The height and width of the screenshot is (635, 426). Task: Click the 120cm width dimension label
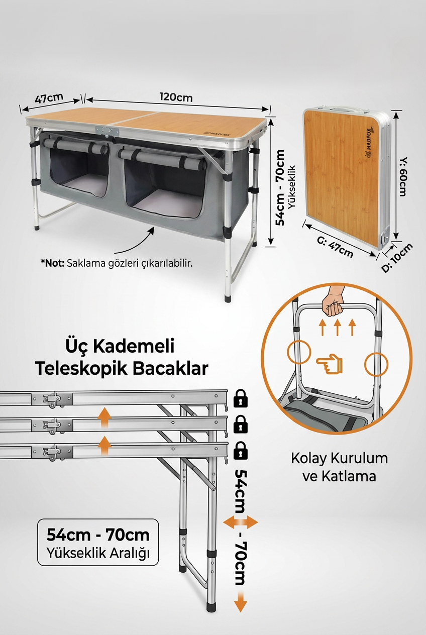click(x=176, y=97)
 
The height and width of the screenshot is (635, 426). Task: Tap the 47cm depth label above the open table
click(x=49, y=98)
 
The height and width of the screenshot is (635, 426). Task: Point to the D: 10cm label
click(x=397, y=258)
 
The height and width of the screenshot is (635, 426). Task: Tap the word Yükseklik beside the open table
click(x=292, y=187)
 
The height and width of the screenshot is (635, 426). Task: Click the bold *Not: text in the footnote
click(x=53, y=263)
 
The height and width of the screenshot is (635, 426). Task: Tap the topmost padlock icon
click(x=240, y=399)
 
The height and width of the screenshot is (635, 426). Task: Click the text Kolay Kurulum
click(x=339, y=458)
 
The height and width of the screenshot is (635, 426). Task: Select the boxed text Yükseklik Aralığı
click(x=98, y=553)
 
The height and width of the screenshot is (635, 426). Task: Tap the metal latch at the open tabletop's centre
click(x=108, y=131)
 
